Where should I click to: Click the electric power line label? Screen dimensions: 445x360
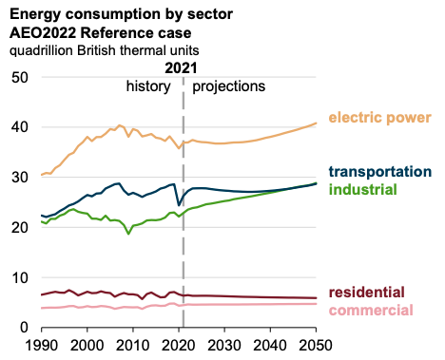click(379, 118)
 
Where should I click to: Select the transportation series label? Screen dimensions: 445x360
click(380, 172)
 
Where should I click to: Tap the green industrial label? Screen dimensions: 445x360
click(363, 189)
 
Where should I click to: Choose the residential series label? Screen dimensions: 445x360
click(367, 292)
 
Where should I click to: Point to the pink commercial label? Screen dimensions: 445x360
click(371, 310)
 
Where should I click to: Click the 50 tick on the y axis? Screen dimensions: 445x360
click(20, 77)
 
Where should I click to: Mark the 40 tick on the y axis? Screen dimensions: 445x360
click(20, 127)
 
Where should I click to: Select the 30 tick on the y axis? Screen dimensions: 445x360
click(20, 178)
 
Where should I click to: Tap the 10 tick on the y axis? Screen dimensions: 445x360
click(20, 277)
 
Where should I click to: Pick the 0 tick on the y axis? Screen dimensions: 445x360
click(25, 328)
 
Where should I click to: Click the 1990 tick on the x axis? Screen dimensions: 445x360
click(41, 345)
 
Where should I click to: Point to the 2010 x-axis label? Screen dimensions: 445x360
click(133, 345)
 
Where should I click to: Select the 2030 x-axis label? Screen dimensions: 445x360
click(224, 345)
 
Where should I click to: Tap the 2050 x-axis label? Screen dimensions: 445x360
click(316, 345)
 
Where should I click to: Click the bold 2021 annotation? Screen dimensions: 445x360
click(181, 68)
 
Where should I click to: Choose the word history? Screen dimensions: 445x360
click(148, 86)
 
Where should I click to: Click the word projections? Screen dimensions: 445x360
click(229, 86)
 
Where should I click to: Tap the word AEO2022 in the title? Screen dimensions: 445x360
click(43, 33)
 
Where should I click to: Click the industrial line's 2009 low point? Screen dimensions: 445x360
click(128, 234)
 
